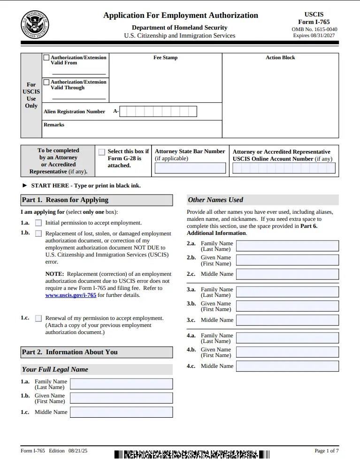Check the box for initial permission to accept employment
(38, 223)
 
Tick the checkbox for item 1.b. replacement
(38, 233)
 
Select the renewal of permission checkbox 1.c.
(38, 318)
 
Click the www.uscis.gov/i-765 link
(70, 295)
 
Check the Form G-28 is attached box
(102, 152)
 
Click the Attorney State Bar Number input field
(190, 168)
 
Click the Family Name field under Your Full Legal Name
(121, 384)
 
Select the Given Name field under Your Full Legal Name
(121, 398)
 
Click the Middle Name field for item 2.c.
(287, 274)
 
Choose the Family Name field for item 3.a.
(287, 292)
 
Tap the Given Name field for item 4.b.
(287, 352)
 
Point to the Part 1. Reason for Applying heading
(65, 200)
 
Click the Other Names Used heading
(215, 200)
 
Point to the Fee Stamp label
(165, 58)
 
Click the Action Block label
(280, 58)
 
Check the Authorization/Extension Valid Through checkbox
(46, 82)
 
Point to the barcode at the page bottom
(192, 454)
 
